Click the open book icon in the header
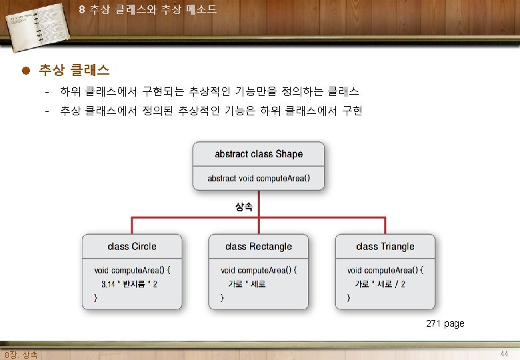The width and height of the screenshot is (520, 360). tap(37, 27)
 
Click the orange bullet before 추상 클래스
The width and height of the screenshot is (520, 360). tap(26, 70)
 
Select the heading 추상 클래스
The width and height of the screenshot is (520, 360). tap(74, 70)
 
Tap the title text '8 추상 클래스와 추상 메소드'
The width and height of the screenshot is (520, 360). tap(148, 9)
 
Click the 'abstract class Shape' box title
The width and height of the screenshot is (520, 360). tap(259, 154)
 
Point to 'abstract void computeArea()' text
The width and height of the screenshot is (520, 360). tap(259, 179)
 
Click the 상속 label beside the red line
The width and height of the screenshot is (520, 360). tap(244, 207)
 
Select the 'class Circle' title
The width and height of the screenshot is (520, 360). tap(132, 246)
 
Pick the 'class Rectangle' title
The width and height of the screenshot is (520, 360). tap(259, 246)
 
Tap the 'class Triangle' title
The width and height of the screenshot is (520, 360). tap(385, 246)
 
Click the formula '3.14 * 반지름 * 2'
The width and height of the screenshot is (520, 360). tap(129, 284)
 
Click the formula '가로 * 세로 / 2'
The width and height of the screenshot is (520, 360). tap(380, 284)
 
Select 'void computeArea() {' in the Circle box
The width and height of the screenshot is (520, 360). tap(132, 271)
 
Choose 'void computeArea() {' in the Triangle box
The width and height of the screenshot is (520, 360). tap(385, 271)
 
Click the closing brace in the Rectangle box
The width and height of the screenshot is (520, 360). tap(222, 298)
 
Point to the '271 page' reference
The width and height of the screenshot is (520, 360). tap(445, 323)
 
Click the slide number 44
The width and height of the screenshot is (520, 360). tap(504, 354)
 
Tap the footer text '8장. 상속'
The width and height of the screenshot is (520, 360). tap(21, 355)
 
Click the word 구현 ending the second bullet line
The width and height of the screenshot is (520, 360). tap(352, 111)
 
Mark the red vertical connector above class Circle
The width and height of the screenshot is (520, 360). tap(132, 226)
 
